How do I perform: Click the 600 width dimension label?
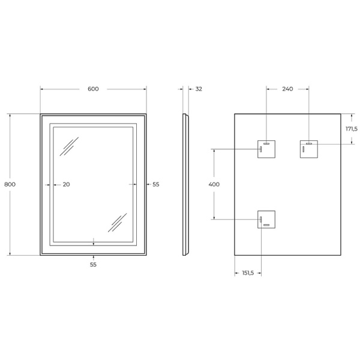(x=93, y=89)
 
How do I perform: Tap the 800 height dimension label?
(x=10, y=184)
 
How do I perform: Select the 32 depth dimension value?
(x=199, y=89)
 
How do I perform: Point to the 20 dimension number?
(x=66, y=184)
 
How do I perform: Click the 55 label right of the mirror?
(x=155, y=184)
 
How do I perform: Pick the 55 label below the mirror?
(x=93, y=264)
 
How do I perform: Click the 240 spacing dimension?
(x=287, y=89)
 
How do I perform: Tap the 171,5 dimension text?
(x=352, y=128)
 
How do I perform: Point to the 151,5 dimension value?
(x=248, y=273)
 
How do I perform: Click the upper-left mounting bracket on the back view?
(x=266, y=148)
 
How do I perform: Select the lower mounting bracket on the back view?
(x=266, y=220)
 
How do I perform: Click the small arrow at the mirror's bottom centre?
(x=93, y=243)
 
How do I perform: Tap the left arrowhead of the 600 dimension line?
(x=42, y=89)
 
